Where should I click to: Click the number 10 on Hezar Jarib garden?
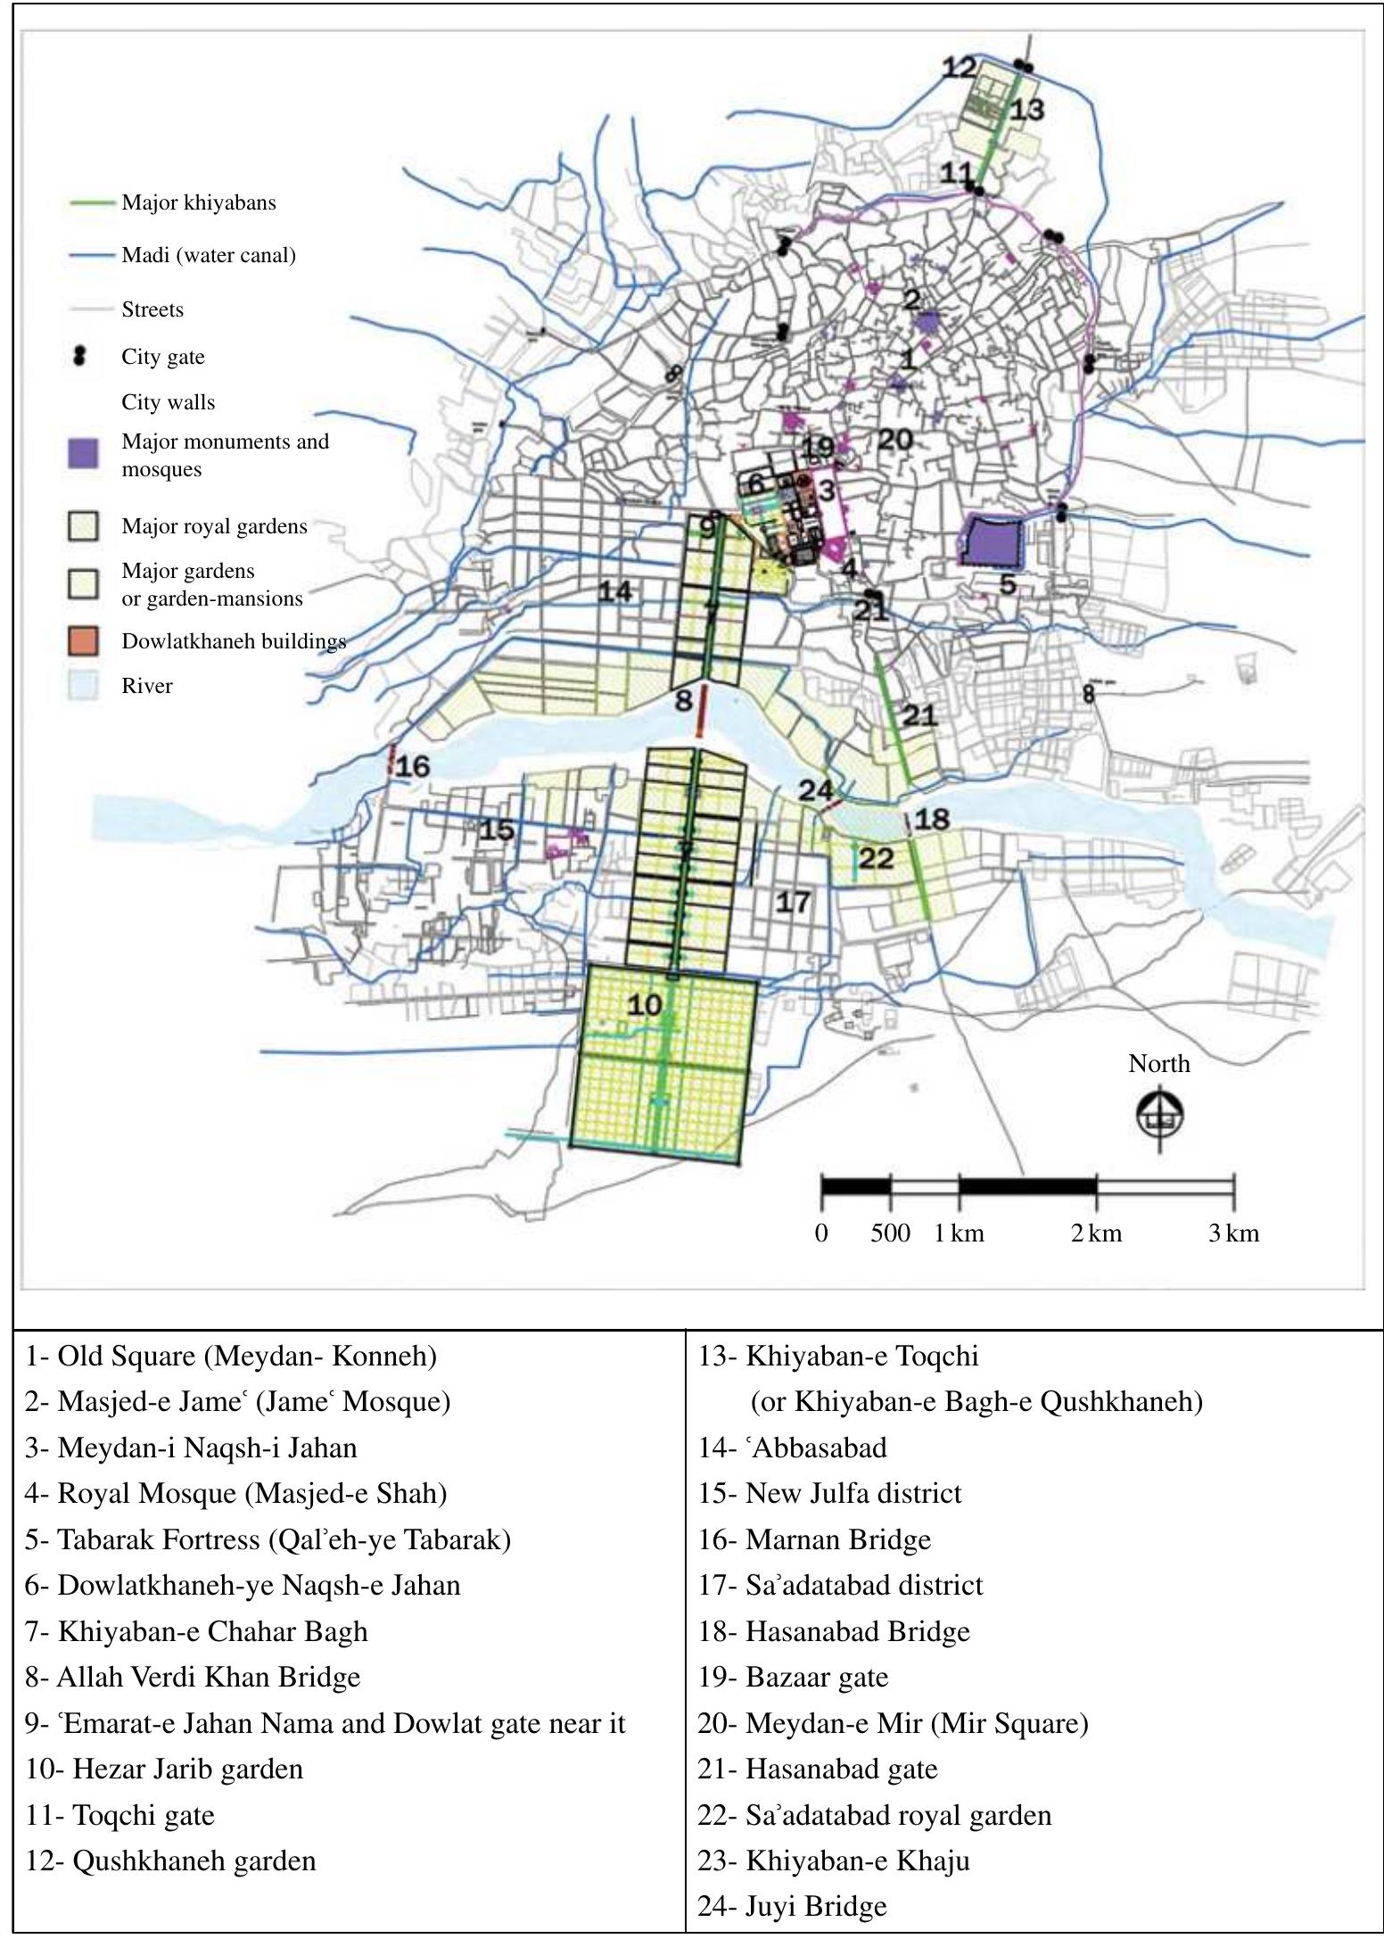click(644, 1005)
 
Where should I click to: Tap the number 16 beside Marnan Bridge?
click(413, 766)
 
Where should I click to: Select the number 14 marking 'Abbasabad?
click(615, 590)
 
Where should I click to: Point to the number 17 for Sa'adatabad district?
click(792, 902)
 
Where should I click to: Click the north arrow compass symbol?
click(1159, 1116)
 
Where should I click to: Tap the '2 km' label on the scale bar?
click(1096, 1233)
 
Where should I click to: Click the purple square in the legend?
click(83, 454)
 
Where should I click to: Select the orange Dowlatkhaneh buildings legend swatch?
click(83, 641)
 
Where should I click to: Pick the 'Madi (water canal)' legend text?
click(209, 255)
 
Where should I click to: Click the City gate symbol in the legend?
click(80, 356)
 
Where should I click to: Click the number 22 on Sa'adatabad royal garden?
click(876, 858)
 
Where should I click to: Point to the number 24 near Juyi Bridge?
click(815, 789)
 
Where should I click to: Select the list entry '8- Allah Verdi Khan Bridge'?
click(193, 1677)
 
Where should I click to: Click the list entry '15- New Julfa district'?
click(829, 1493)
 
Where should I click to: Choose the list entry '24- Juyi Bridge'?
click(792, 1906)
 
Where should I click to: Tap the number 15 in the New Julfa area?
click(497, 830)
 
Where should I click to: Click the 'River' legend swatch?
click(83, 686)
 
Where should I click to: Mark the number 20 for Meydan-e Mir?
click(895, 439)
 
